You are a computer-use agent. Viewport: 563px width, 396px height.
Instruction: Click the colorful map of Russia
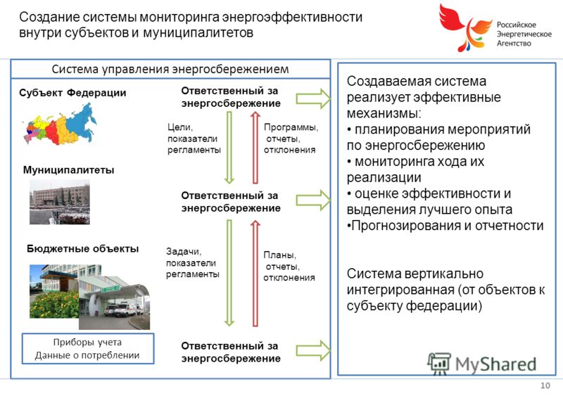click(60, 124)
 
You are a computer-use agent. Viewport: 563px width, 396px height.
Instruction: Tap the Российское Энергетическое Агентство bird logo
click(464, 27)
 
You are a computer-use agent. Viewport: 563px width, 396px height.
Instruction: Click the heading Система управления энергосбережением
click(170, 69)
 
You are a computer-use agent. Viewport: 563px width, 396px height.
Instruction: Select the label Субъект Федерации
click(72, 93)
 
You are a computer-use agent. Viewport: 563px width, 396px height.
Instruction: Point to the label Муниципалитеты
click(68, 170)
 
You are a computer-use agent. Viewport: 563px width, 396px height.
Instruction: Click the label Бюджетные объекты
click(82, 248)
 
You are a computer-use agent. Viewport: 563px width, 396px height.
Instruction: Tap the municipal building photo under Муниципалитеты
click(60, 202)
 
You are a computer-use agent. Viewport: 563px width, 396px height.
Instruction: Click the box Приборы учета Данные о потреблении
click(88, 349)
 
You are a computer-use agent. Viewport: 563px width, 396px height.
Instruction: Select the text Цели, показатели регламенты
click(194, 139)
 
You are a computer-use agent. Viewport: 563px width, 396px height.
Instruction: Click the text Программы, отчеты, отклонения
click(291, 139)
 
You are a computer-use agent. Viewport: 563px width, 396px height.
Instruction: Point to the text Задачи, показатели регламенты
click(192, 263)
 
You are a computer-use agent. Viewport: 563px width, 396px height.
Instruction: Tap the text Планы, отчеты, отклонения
click(289, 266)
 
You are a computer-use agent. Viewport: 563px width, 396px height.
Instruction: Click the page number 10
click(545, 385)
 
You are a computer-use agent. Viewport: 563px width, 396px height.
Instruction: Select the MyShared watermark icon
click(438, 364)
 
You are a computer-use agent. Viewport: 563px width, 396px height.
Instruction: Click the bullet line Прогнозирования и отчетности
click(445, 226)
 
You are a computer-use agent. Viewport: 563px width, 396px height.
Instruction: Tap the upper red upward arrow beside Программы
click(255, 148)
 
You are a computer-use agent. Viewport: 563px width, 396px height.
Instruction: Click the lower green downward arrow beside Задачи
click(229, 273)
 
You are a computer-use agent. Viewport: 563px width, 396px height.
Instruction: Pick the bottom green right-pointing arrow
click(313, 351)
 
